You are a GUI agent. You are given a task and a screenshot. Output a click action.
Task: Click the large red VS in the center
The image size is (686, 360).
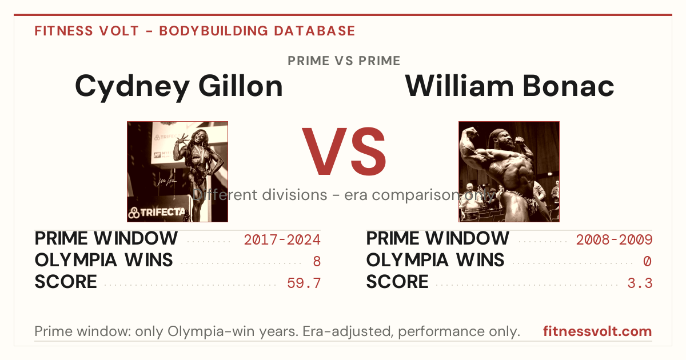click(344, 151)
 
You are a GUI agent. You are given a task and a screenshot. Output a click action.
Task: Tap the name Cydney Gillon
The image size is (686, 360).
click(179, 87)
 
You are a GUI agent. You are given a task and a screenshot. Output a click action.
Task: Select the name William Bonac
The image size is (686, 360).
click(509, 86)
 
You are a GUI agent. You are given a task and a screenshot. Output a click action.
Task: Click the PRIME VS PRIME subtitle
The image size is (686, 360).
click(344, 61)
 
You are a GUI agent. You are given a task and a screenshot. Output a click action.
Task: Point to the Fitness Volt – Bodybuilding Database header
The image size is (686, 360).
click(195, 31)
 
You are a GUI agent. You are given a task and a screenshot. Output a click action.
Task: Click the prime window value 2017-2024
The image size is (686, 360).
click(282, 239)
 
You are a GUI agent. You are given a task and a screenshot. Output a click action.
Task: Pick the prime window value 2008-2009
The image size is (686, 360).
click(614, 239)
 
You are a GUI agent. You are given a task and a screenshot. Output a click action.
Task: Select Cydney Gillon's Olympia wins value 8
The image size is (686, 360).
click(317, 262)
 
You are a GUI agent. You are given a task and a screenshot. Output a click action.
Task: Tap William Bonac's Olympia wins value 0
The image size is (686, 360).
click(647, 262)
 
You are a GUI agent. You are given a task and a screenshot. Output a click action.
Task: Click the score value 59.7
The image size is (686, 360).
click(304, 283)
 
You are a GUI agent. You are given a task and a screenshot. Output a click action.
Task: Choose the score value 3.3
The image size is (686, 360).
click(640, 283)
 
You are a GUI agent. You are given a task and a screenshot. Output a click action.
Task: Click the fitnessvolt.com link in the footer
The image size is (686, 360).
click(597, 331)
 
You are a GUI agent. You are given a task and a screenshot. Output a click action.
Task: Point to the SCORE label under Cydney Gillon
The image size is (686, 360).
click(66, 282)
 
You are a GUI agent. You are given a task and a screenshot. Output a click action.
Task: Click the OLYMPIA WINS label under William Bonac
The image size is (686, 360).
click(435, 260)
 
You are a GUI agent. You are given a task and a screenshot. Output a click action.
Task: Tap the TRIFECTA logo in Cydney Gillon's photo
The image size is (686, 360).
click(157, 213)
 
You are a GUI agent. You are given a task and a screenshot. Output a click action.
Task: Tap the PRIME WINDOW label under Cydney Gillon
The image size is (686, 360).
click(106, 238)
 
